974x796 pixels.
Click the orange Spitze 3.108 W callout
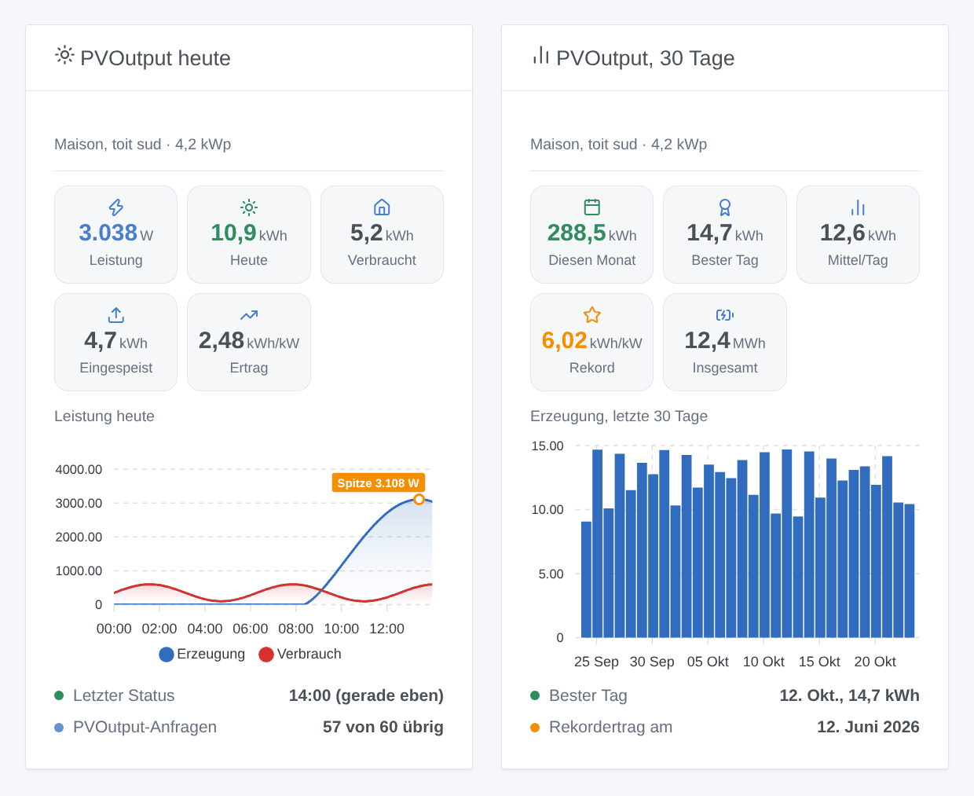(379, 482)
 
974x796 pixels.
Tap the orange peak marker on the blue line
(419, 500)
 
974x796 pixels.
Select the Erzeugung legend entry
(202, 655)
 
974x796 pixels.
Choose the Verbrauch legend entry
(300, 655)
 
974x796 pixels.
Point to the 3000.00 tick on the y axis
(79, 503)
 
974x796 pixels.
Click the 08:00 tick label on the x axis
(295, 629)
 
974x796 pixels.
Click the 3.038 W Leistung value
(116, 233)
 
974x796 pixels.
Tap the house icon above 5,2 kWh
(382, 207)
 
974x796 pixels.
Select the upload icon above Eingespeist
(116, 315)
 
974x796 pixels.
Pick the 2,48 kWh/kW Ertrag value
(249, 341)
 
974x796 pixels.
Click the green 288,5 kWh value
(592, 233)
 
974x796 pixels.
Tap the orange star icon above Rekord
(592, 315)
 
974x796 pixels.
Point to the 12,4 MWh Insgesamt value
(725, 341)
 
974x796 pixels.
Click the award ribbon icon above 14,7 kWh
(725, 207)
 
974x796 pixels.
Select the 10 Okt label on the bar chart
(763, 662)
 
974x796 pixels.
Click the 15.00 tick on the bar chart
(547, 446)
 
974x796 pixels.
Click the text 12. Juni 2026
(868, 727)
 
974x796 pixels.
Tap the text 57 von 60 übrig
(383, 727)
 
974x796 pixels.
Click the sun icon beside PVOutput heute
(64, 56)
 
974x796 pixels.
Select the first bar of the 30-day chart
(586, 579)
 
